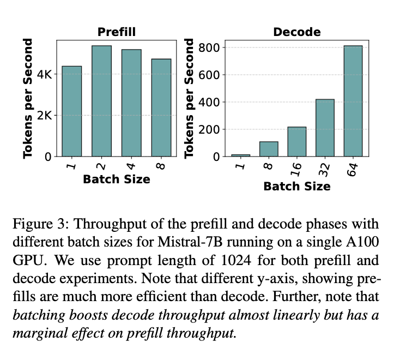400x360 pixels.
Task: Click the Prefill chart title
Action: click(x=117, y=32)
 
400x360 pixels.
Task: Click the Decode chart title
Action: click(x=296, y=32)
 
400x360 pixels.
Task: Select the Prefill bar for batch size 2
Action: click(x=101, y=101)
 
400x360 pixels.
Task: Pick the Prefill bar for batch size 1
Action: click(x=71, y=111)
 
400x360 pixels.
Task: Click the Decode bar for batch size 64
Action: click(x=353, y=101)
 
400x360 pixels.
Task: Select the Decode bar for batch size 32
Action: click(x=325, y=128)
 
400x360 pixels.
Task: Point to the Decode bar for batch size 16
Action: click(x=296, y=142)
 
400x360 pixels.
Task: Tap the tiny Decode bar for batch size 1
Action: click(x=240, y=155)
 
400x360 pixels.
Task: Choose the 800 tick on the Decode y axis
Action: click(x=210, y=47)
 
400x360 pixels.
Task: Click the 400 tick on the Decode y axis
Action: click(x=210, y=102)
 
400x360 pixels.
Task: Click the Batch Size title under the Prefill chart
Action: click(x=116, y=179)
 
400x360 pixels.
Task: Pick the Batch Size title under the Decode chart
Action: click(x=296, y=187)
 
